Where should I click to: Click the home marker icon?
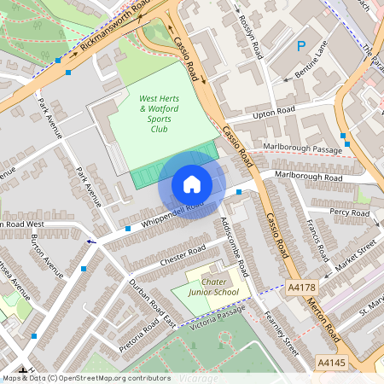click(x=191, y=184)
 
